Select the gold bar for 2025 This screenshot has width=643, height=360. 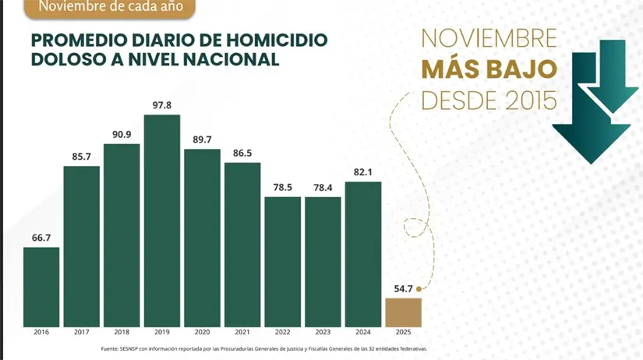pyautogui.click(x=403, y=312)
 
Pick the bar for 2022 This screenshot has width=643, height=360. pyautogui.click(x=282, y=261)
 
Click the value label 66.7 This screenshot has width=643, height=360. pyautogui.click(x=41, y=237)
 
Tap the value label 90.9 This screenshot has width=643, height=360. pyautogui.click(x=122, y=134)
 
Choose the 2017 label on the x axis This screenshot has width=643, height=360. pyautogui.click(x=81, y=333)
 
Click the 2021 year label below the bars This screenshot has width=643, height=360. pyautogui.click(x=242, y=333)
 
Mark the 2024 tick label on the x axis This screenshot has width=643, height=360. pyautogui.click(x=363, y=333)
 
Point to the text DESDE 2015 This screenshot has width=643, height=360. pyautogui.click(x=489, y=99)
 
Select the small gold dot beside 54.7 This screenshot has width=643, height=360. pyautogui.click(x=419, y=288)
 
